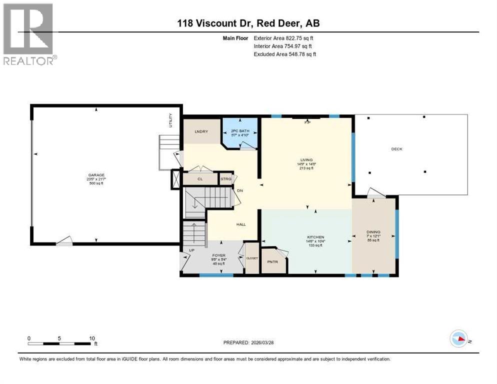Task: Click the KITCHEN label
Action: pos(316,236)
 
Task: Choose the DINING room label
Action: pos(373,232)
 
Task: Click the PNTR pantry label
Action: pos(272,261)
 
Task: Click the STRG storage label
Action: pos(225,178)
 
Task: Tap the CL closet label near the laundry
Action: pos(199,178)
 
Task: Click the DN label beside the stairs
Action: pos(239,190)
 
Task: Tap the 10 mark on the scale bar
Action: pos(92,338)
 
